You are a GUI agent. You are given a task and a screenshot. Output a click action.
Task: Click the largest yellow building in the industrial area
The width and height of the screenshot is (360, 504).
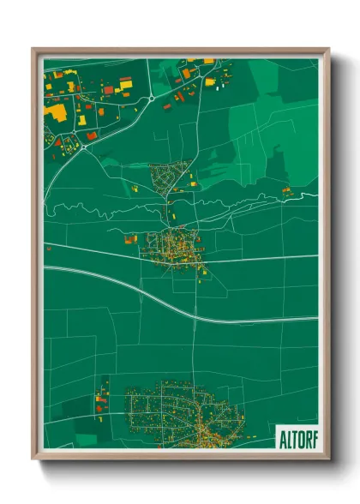pyautogui.click(x=57, y=112)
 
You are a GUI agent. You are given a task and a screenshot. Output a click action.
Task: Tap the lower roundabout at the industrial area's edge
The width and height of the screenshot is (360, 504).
pyautogui.click(x=84, y=147)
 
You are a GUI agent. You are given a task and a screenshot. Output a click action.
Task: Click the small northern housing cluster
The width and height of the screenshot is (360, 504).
pyautogui.click(x=169, y=177)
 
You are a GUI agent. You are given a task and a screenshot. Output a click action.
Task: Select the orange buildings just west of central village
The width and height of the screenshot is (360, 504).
pyautogui.click(x=131, y=238)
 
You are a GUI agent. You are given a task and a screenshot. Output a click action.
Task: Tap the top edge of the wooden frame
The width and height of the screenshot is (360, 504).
pyautogui.click(x=180, y=51)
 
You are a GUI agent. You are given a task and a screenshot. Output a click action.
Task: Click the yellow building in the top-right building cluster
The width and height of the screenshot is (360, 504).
pyautogui.click(x=210, y=81)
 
